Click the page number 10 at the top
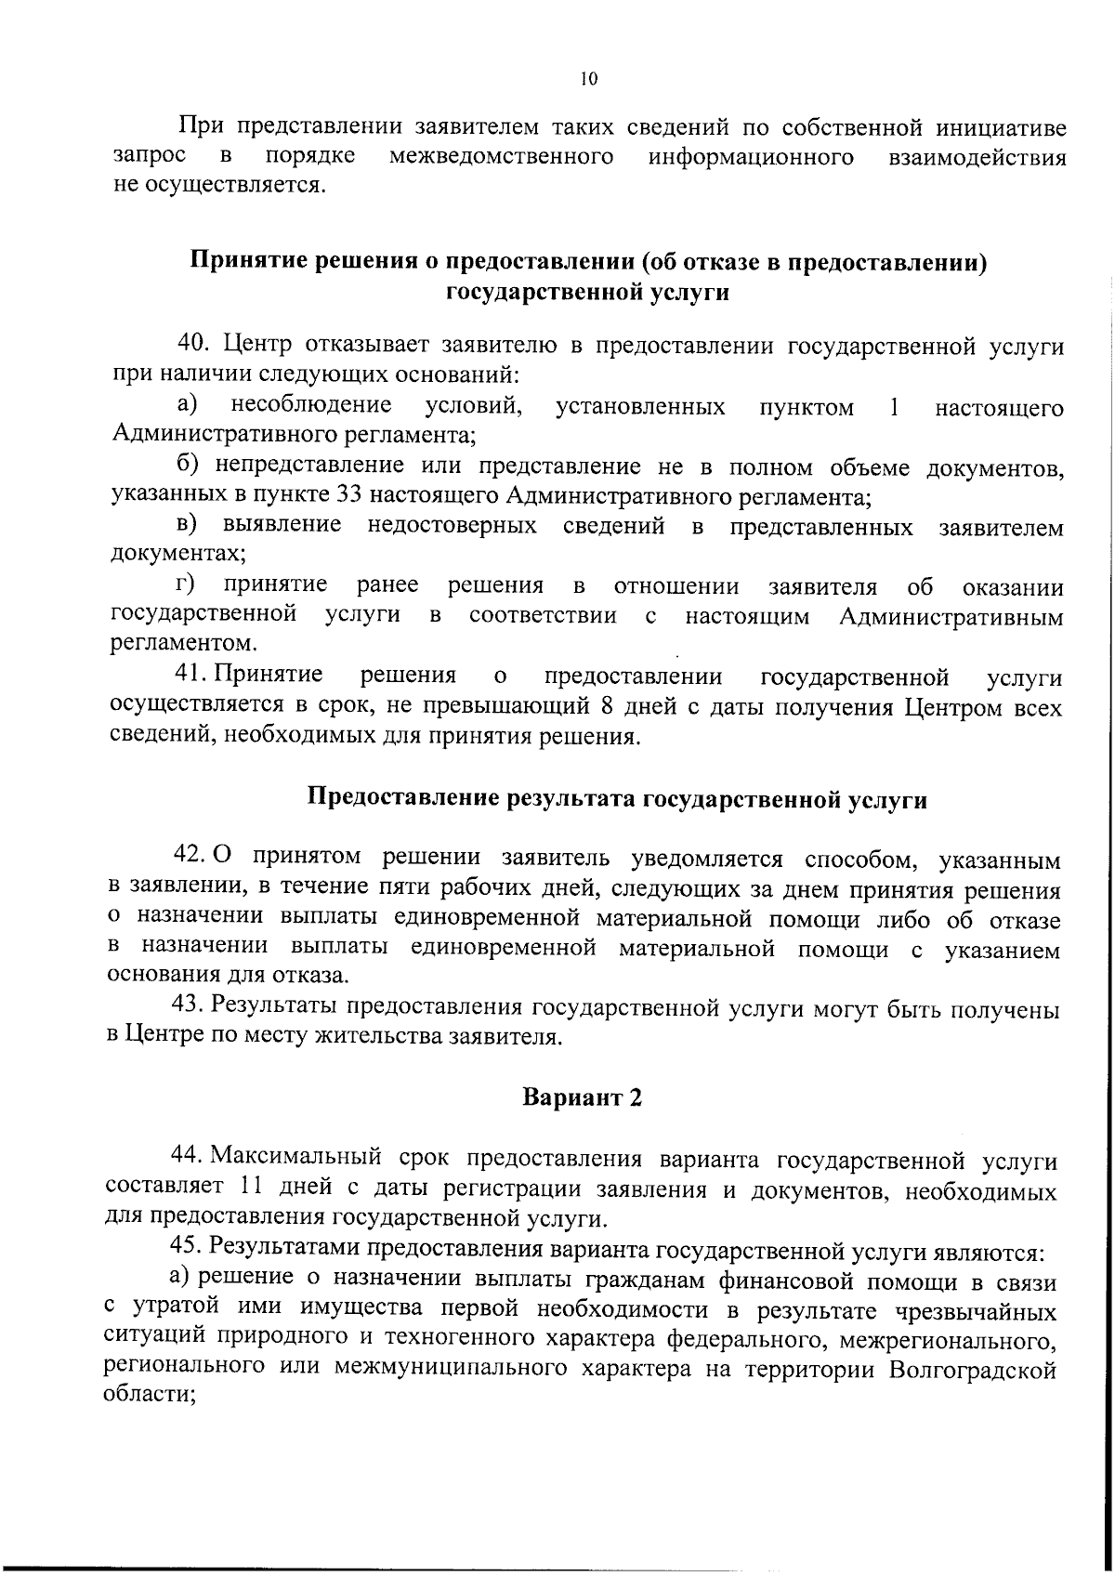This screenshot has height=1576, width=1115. (x=587, y=79)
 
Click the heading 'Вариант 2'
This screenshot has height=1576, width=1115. (x=583, y=1097)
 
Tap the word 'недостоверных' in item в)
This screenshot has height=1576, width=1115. (x=452, y=525)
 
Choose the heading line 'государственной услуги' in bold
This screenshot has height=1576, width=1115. (x=587, y=293)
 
